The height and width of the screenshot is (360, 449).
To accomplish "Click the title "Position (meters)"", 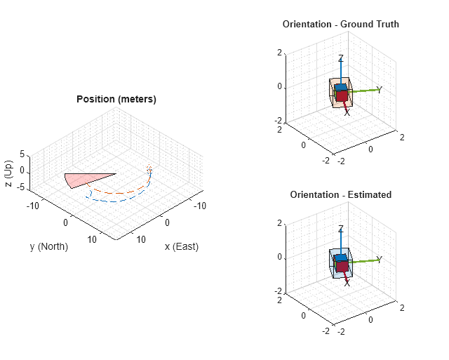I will (x=116, y=100).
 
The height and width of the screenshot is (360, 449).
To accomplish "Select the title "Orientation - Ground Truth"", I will (x=341, y=25).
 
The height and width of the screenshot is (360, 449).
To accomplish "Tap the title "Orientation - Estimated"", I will (x=341, y=194).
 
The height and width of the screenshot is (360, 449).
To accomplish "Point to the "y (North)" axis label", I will (x=49, y=246).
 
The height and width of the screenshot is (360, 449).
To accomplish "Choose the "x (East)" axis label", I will (x=181, y=246).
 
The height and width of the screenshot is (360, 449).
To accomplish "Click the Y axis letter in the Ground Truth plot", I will (x=379, y=90).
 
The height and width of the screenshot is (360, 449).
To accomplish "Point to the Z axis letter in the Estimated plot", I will (x=341, y=229).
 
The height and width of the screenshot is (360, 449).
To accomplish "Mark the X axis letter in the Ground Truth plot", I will (x=347, y=112).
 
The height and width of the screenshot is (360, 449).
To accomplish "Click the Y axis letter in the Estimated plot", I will (x=379, y=260).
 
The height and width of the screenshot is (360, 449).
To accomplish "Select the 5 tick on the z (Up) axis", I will (x=22, y=154).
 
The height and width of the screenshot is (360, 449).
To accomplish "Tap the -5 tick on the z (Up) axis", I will (x=21, y=187).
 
